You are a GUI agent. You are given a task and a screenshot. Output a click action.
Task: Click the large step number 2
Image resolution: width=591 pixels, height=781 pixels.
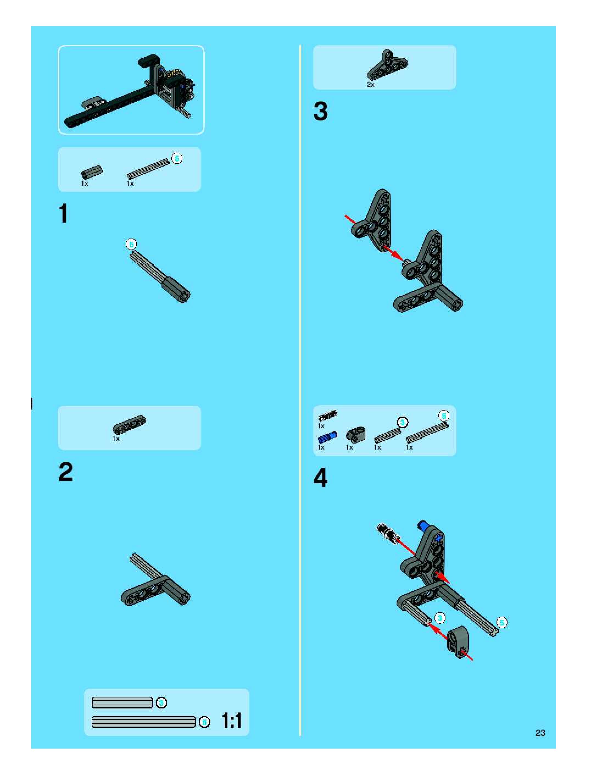point(66,472)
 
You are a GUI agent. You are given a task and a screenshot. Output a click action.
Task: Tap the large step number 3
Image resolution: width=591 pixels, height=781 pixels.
point(321,111)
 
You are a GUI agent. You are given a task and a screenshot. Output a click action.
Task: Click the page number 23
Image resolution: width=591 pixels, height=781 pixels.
point(540,733)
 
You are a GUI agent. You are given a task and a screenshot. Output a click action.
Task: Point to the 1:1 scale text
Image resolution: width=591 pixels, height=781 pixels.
point(232,721)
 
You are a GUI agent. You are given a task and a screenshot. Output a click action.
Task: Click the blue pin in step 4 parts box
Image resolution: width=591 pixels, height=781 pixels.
point(327,437)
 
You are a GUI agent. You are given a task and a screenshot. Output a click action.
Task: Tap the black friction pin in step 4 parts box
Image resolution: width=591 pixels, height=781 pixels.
point(327,415)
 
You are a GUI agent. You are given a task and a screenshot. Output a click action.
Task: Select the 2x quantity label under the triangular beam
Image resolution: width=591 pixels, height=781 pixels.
point(370,85)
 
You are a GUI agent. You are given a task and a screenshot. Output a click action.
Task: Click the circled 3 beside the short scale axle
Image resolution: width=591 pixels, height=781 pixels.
point(161,703)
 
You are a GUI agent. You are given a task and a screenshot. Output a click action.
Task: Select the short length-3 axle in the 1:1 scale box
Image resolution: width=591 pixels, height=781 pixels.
point(122,703)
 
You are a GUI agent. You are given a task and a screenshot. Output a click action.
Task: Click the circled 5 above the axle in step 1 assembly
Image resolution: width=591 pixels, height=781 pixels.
point(131,244)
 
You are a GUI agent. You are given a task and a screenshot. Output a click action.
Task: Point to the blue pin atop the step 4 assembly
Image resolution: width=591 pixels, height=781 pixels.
point(423,525)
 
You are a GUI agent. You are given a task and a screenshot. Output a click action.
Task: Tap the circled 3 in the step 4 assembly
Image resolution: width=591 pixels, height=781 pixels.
point(440,618)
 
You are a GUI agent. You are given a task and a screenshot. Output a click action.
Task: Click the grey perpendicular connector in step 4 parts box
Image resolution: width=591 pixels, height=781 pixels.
point(356,435)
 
